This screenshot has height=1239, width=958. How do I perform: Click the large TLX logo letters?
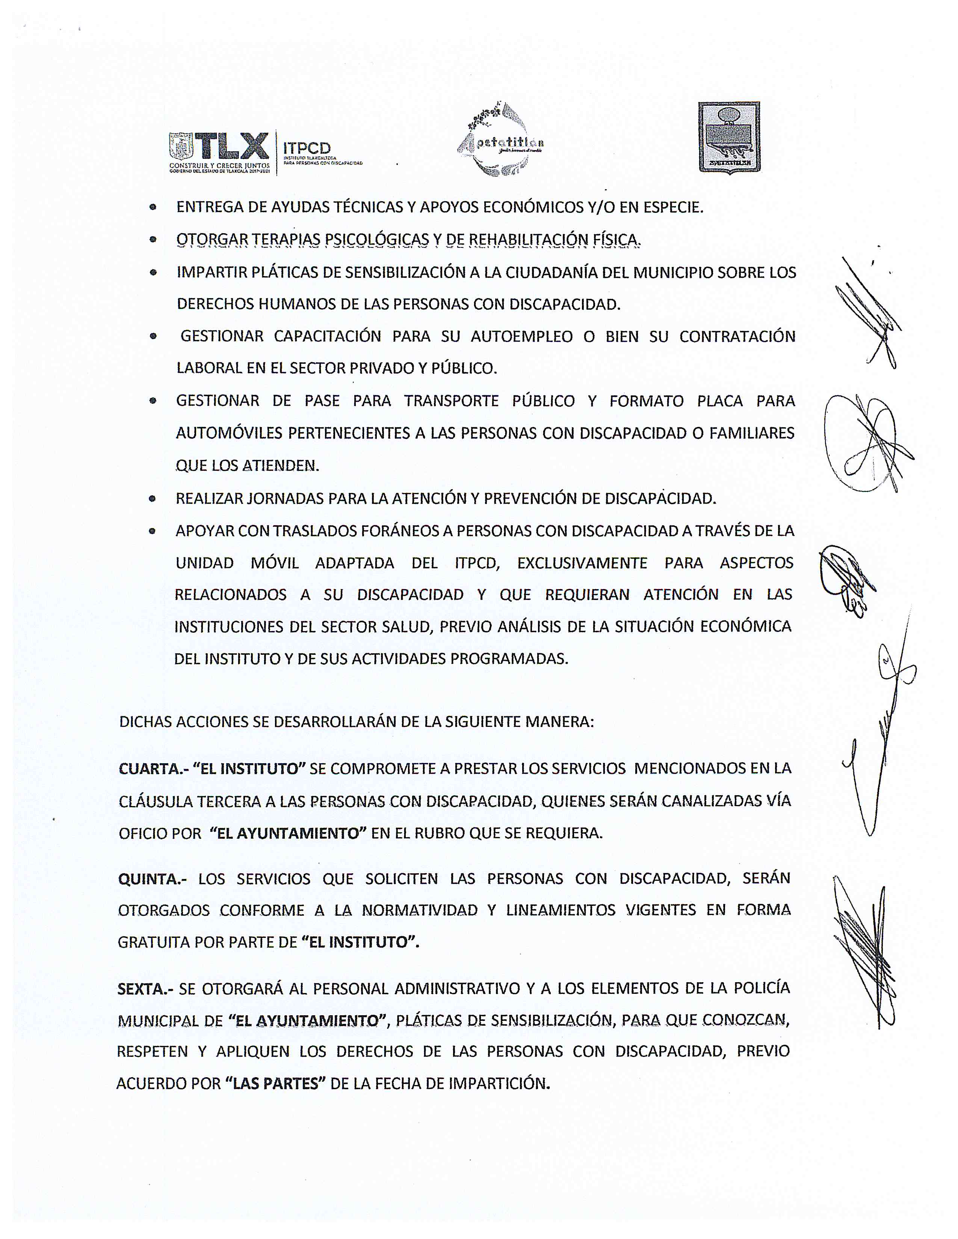coord(232,146)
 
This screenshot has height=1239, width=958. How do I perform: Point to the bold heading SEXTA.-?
coord(145,989)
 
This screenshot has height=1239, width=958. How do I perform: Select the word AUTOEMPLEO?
coord(521,337)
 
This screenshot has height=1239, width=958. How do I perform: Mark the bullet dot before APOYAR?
coord(152,532)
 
